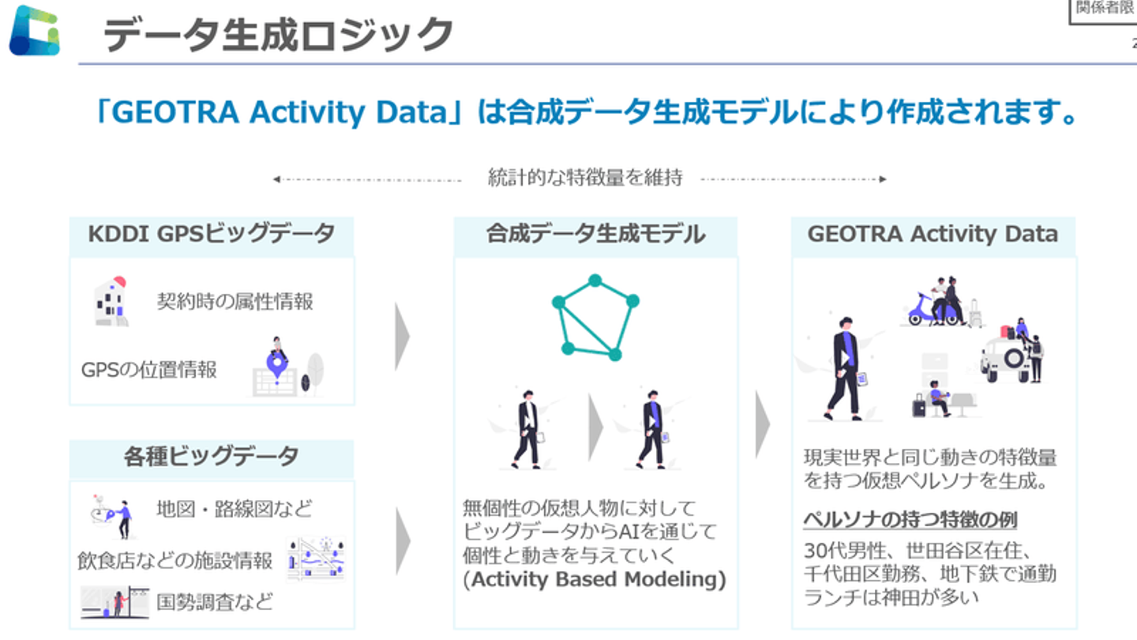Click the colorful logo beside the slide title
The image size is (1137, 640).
tap(35, 31)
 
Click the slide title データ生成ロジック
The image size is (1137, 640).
tap(278, 34)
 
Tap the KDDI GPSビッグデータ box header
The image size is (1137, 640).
tap(212, 235)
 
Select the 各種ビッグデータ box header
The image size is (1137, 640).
tap(212, 457)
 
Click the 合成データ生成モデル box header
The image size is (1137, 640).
tap(595, 235)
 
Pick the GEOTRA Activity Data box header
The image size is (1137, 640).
tap(933, 235)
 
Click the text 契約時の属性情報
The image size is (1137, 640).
tap(235, 302)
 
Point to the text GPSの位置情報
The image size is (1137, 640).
tap(148, 370)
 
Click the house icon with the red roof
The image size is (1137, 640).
tap(111, 301)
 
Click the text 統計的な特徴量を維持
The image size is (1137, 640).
tap(585, 178)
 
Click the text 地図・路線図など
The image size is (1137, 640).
tap(234, 509)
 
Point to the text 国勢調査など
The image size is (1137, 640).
tap(214, 602)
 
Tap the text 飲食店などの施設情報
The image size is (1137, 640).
tap(174, 561)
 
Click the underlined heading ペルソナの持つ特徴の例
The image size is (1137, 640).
tap(910, 520)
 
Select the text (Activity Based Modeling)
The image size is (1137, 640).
tap(595, 580)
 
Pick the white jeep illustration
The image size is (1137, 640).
tap(1006, 358)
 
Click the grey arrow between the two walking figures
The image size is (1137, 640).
tap(595, 427)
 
